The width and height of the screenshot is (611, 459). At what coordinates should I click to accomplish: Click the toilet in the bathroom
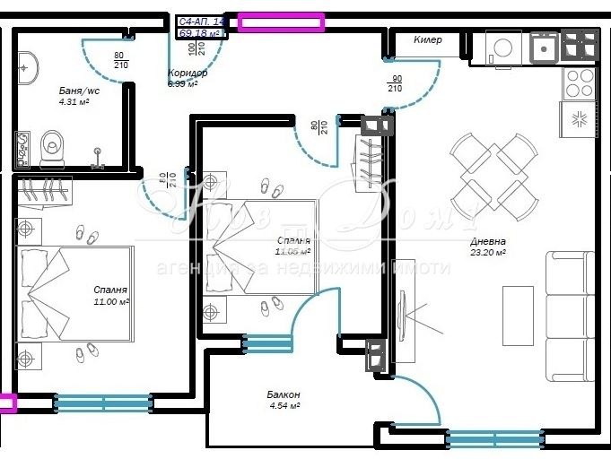(x=53, y=146)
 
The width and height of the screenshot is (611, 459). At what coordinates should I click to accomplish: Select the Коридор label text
(x=188, y=74)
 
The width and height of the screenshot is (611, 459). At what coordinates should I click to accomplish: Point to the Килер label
(x=428, y=40)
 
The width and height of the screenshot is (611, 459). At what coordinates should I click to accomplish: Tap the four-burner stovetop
(x=579, y=83)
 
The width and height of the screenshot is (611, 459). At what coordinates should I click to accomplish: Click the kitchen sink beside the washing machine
(x=545, y=46)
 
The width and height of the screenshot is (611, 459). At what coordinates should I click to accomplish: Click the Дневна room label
(x=488, y=241)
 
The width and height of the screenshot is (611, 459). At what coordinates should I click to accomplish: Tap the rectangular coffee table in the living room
(x=518, y=316)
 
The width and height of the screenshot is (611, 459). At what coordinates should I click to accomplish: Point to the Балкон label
(x=284, y=394)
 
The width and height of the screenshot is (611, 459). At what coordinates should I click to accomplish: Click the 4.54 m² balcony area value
(x=284, y=406)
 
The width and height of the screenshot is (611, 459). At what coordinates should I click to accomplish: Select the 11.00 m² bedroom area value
(x=111, y=302)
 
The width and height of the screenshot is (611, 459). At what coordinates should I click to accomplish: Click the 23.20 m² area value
(x=488, y=254)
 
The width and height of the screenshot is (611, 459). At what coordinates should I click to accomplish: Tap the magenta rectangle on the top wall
(x=280, y=22)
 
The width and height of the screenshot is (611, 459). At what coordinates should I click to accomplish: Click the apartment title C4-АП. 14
(x=202, y=22)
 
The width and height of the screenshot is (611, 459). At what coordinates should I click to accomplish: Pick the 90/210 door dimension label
(x=395, y=83)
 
